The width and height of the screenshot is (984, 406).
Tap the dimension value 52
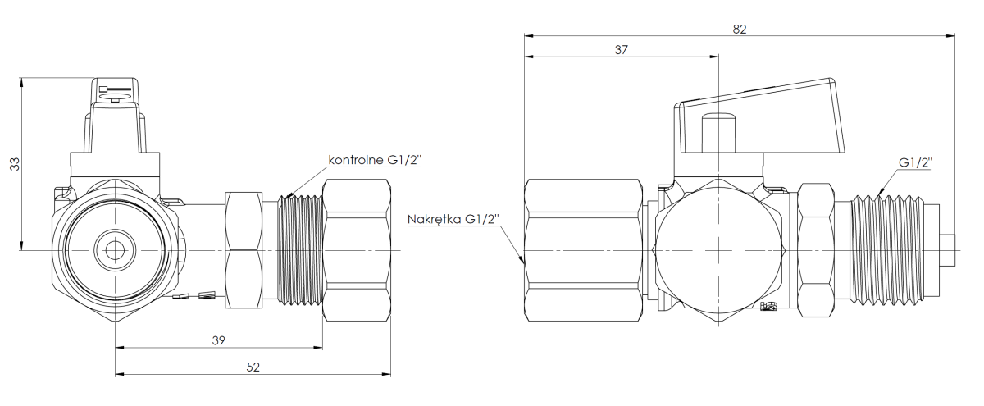[x=253, y=368]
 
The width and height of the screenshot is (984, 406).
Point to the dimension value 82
[x=740, y=28]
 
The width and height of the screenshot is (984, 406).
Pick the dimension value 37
[x=621, y=49]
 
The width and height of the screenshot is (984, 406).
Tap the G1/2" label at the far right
[x=916, y=163]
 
